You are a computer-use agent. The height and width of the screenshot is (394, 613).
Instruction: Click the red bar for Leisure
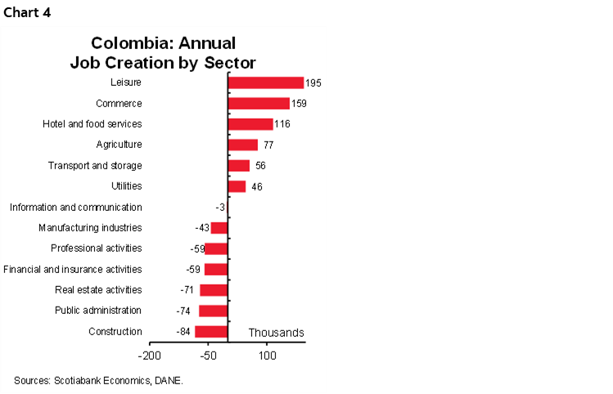point(265,83)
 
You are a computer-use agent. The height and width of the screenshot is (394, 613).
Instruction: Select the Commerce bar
point(258,103)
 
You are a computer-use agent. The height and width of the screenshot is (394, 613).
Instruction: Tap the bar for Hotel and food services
point(250,123)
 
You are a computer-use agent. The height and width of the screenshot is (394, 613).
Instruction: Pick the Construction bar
point(210,331)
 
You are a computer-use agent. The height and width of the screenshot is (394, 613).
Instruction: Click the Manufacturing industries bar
point(219,227)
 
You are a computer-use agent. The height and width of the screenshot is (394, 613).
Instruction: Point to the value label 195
point(313,83)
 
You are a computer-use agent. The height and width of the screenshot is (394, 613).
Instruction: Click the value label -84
point(184,331)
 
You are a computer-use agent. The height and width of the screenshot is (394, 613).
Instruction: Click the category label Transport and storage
point(95,165)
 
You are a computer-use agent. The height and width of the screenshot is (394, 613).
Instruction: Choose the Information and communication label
point(75,207)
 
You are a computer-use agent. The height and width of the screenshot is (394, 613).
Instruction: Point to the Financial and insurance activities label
point(72,269)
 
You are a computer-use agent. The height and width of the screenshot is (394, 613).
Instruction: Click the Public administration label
point(97,310)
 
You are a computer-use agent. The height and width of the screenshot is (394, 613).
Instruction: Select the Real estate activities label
point(98,289)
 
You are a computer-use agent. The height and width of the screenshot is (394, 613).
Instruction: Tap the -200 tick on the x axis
point(149,356)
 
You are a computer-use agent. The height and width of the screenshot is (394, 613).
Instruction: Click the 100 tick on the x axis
point(267,356)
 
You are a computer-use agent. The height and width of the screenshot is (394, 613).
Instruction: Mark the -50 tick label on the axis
point(208,356)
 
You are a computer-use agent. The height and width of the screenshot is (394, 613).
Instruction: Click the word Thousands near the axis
point(276,333)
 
